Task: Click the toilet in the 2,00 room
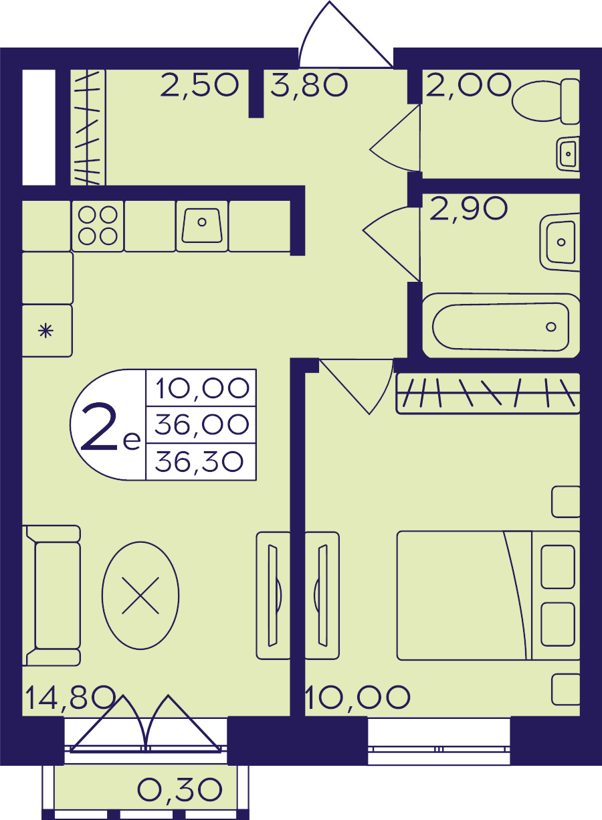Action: (546, 101)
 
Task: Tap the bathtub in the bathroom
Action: (501, 326)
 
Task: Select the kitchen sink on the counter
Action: (202, 226)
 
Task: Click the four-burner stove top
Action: (98, 226)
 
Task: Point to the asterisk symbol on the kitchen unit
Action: (45, 331)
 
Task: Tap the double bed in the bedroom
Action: (488, 596)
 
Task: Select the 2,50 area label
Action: (199, 85)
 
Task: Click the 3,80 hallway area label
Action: (309, 85)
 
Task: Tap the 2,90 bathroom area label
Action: (469, 208)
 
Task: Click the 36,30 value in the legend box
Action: (199, 462)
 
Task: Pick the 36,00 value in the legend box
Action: (201, 424)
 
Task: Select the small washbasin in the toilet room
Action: (568, 154)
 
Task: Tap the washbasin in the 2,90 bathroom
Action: (560, 242)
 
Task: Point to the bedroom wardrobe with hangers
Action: (488, 394)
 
